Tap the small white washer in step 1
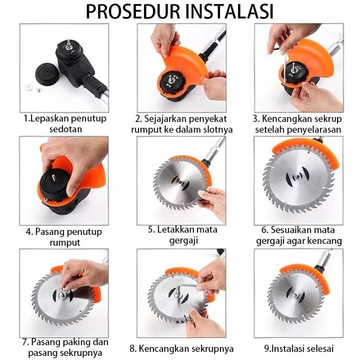pyautogui.click(x=29, y=87)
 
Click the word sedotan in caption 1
pyautogui.click(x=65, y=129)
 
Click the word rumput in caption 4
pyautogui.click(x=64, y=242)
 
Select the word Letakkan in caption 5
pyautogui.click(x=176, y=229)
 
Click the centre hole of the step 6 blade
pyautogui.click(x=298, y=176)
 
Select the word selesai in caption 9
pyautogui.click(x=319, y=349)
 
